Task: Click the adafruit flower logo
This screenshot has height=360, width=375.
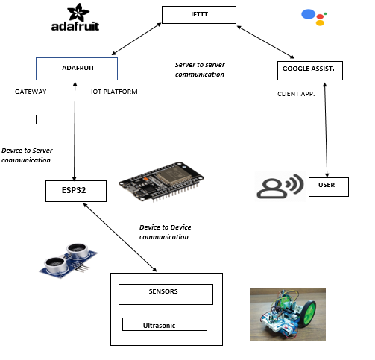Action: [x=78, y=12]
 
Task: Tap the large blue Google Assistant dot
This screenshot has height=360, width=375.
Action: [x=309, y=14]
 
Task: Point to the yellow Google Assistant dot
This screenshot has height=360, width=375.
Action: [x=320, y=23]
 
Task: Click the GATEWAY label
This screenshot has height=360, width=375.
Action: [x=31, y=92]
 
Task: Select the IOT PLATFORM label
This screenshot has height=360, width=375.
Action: [x=114, y=92]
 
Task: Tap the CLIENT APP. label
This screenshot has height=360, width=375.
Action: [x=296, y=94]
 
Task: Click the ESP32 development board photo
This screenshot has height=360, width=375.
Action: [x=162, y=181]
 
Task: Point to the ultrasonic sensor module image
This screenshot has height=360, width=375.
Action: [x=68, y=260]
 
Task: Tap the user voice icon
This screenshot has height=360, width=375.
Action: [x=280, y=186]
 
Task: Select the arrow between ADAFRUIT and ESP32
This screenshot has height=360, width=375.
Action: [x=75, y=131]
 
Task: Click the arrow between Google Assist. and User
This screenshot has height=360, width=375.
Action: [x=326, y=130]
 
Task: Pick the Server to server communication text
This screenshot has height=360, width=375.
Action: [x=200, y=69]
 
